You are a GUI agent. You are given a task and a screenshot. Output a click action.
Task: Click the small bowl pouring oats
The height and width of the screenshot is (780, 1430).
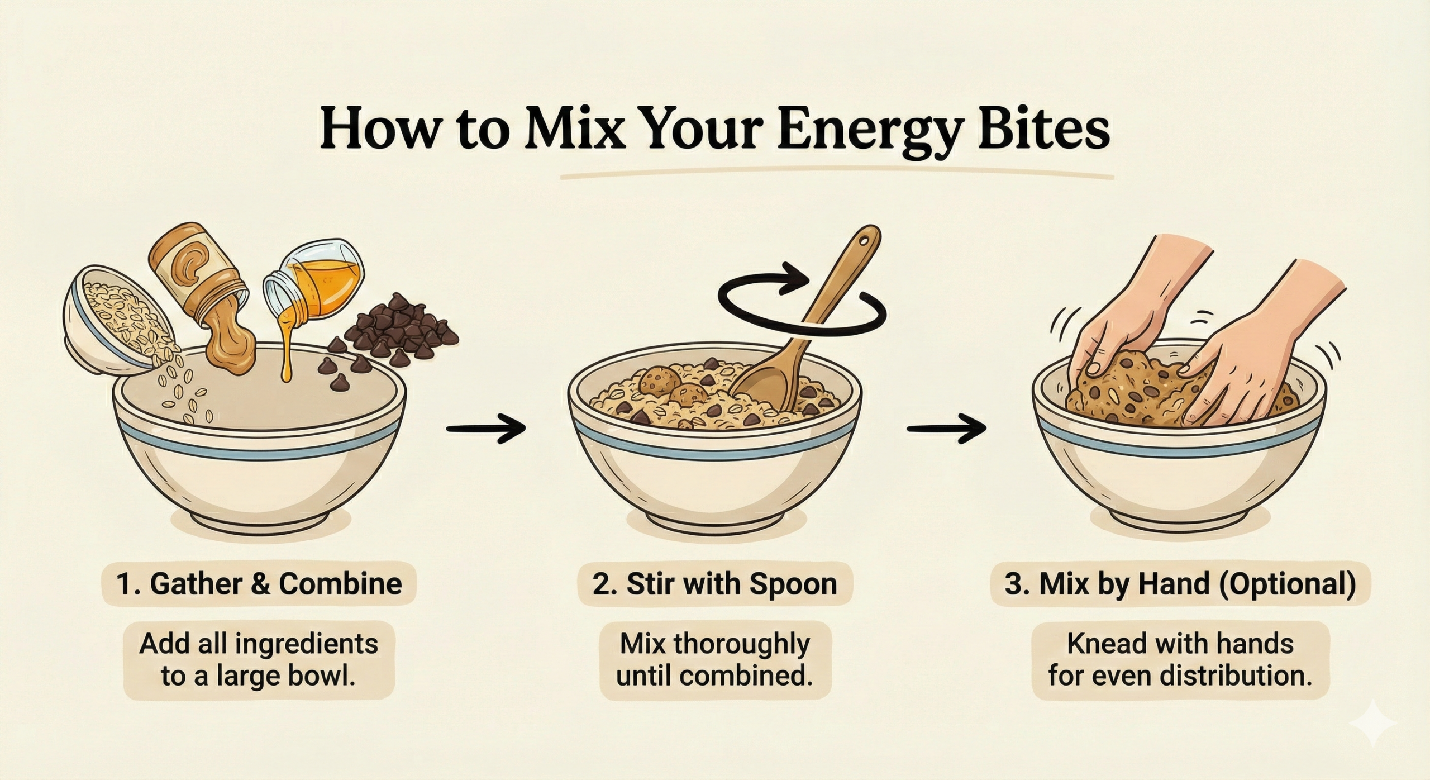pos(112,313)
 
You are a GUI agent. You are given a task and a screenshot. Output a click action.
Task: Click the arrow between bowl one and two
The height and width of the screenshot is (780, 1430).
pos(487,428)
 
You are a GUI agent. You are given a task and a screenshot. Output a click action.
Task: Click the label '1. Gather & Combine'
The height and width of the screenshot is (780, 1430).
pos(259,584)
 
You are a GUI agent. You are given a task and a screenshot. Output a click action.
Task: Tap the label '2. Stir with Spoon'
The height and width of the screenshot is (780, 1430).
pos(715,584)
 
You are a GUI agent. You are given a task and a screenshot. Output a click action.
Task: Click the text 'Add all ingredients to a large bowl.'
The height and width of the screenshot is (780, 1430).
pos(259,660)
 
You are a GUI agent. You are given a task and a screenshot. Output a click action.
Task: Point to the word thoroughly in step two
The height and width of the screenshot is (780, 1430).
pos(741,644)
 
